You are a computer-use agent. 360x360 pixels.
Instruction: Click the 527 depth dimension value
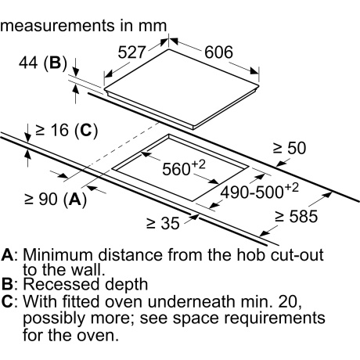click(131, 52)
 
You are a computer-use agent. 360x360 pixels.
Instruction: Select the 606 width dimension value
click(218, 52)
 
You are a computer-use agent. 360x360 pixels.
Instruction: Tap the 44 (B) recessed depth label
click(43, 63)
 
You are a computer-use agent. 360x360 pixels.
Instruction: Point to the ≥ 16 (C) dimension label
click(67, 130)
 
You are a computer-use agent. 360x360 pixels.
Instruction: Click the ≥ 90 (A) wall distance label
click(56, 200)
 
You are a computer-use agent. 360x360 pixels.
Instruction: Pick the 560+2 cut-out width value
click(184, 167)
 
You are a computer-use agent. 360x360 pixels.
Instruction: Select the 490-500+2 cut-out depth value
click(260, 191)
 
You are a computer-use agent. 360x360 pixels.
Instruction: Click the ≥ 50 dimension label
click(290, 148)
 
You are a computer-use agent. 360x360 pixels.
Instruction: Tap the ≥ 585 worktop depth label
click(297, 216)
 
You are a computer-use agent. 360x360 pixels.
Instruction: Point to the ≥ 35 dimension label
click(163, 223)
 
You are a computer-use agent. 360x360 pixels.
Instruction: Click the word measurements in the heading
click(58, 26)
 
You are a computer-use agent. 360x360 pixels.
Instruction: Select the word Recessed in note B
click(61, 284)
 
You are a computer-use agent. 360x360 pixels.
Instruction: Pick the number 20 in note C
click(290, 301)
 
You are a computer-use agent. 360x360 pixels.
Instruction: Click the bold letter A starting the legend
click(7, 255)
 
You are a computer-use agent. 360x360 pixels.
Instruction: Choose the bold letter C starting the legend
click(7, 301)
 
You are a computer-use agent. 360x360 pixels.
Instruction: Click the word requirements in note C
click(275, 319)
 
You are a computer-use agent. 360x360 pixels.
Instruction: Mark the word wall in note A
click(86, 270)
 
